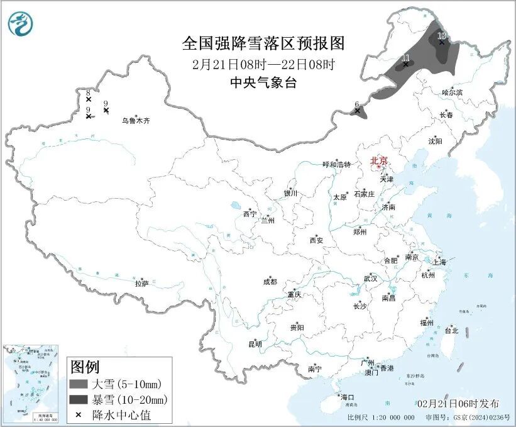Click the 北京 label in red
coord(378,160)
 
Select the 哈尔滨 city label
coord(451,92)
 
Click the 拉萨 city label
coord(141,284)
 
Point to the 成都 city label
coord(270,282)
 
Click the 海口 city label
coord(347,397)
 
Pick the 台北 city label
coord(451,330)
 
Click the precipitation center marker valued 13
coord(442,42)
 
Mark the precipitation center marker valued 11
coord(405,64)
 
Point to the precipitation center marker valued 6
coord(358,111)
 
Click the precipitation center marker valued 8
coord(89,99)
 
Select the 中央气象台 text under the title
coord(263,83)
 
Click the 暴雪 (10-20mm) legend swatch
coord(79,399)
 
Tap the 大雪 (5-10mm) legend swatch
coord(79,384)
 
